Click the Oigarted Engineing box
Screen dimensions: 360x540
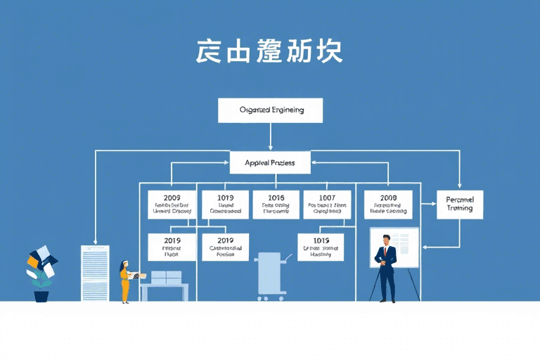[x=270, y=110]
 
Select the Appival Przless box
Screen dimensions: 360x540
[x=270, y=162]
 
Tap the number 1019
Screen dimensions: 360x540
[x=226, y=198]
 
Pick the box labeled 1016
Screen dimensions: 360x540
[x=276, y=203]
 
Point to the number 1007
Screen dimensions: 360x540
[x=326, y=198]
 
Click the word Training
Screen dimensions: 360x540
[x=460, y=208]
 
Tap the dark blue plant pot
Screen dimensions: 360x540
[x=41, y=296]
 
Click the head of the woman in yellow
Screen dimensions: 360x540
[x=125, y=264]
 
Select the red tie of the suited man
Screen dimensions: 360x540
[x=386, y=252]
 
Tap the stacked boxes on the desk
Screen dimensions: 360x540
[x=167, y=278]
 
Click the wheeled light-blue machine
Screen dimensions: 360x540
[x=270, y=276]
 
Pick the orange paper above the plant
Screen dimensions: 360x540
[x=32, y=261]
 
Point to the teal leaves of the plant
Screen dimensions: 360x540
[x=40, y=280]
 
